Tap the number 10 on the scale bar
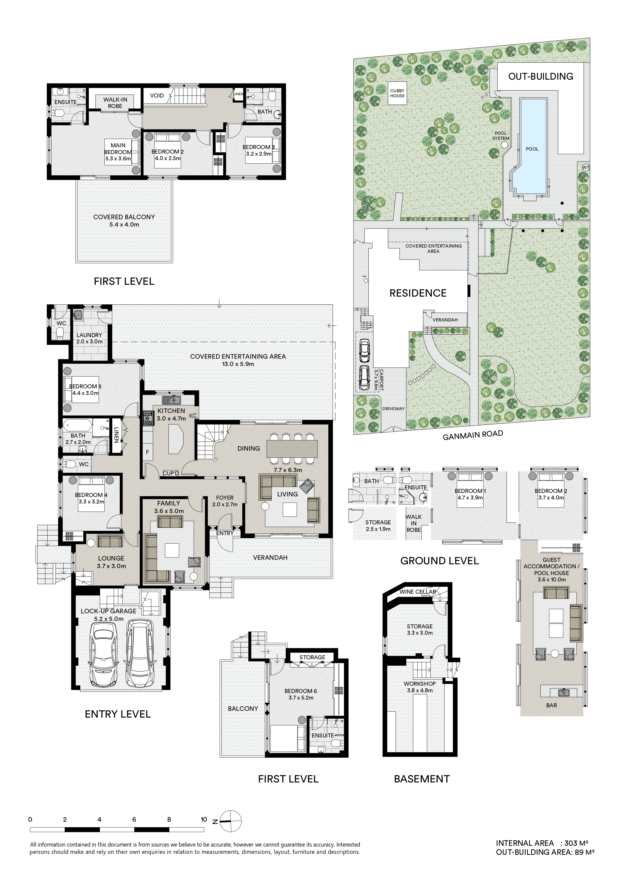point(204,819)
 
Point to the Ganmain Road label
point(473,436)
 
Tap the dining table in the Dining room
point(292,448)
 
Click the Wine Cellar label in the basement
point(417,592)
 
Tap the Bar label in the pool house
point(551,705)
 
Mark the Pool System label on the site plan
point(501,135)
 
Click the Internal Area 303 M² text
point(542,843)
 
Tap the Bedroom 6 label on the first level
point(301,691)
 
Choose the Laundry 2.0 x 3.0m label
point(89,338)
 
